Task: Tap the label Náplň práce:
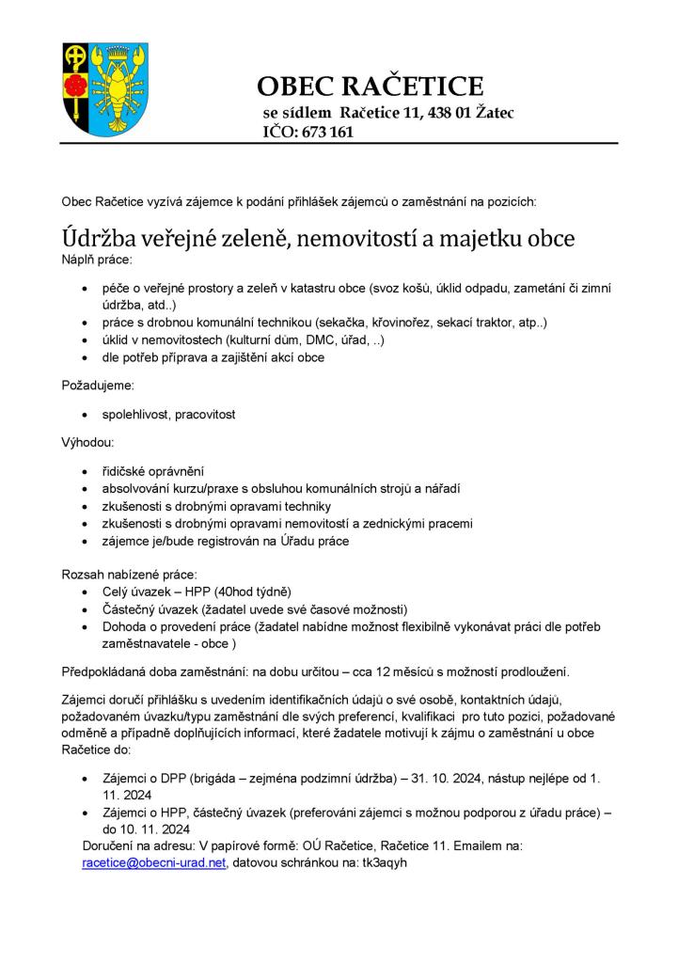[x=98, y=258]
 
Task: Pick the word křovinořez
[x=415, y=323]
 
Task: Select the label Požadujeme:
[x=98, y=385]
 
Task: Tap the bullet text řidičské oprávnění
[x=153, y=470]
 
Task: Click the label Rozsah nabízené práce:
[x=129, y=573]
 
